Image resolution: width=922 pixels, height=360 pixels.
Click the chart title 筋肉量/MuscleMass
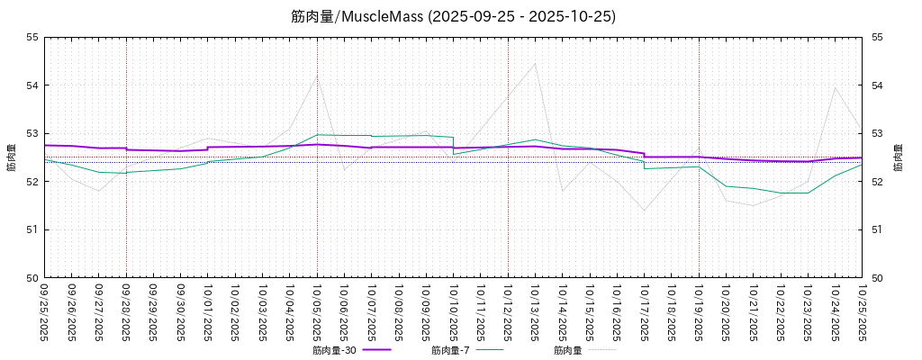[x=453, y=16]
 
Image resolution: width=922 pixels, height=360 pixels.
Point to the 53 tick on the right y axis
[x=875, y=133]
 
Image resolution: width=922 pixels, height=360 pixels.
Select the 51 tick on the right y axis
[x=875, y=229]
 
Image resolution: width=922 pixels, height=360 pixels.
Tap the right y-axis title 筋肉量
[x=898, y=157]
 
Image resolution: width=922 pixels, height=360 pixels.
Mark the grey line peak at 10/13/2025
[x=535, y=63]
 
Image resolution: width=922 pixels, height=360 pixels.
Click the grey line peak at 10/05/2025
[x=316, y=76]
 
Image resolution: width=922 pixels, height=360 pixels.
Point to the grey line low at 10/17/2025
[x=644, y=211]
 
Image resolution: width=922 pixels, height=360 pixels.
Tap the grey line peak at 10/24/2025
[x=835, y=87]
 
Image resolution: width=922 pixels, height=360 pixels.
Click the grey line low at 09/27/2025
[x=99, y=191]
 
